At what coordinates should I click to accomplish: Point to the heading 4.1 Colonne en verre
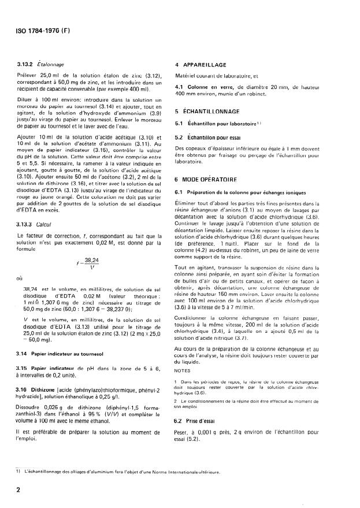pos(209,86)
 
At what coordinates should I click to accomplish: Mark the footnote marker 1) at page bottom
pos(19,471)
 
